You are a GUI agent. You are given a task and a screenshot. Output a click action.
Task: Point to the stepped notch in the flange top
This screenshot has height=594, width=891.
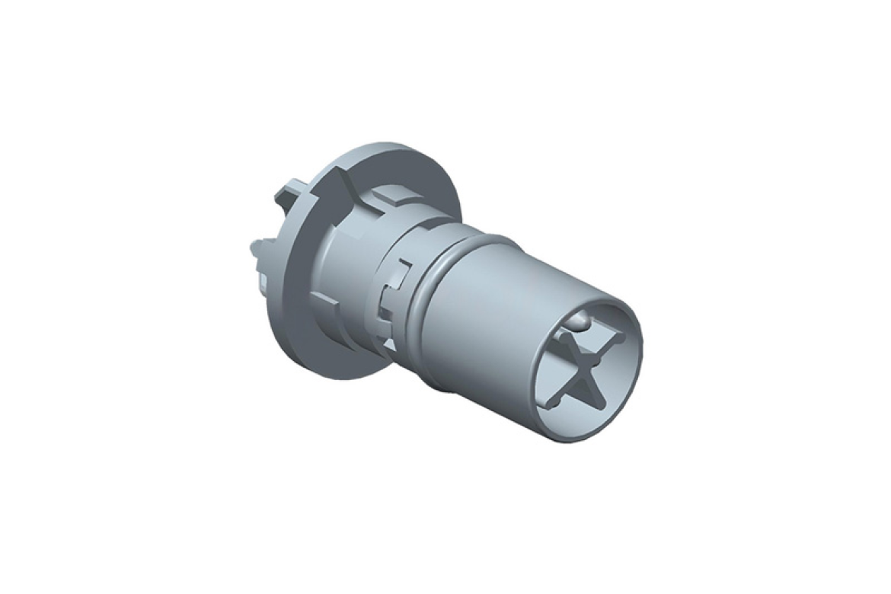[x=346, y=183]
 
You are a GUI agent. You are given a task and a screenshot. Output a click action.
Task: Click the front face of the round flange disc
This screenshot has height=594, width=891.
[x=305, y=305]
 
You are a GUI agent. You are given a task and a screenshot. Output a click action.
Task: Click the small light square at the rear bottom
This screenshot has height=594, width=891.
[x=263, y=284]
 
